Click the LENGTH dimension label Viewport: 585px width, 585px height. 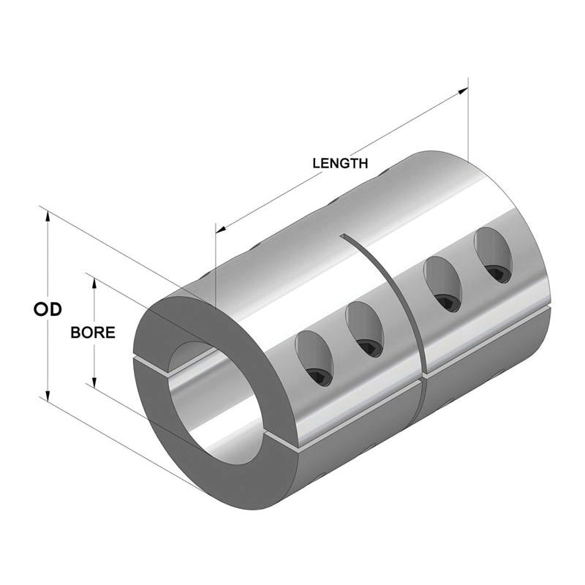point(340,163)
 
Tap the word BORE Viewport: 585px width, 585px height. point(93,332)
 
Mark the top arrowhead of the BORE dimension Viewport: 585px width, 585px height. point(94,281)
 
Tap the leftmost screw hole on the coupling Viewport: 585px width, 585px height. point(312,358)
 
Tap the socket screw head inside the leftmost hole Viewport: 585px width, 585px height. point(318,376)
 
